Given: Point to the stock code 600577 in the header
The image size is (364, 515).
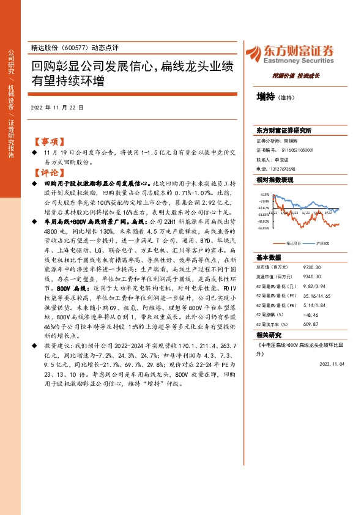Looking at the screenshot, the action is pyautogui.click(x=73, y=48).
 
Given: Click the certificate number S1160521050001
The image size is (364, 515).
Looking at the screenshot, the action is pyautogui.click(x=298, y=150).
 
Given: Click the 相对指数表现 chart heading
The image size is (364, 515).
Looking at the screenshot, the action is pyautogui.click(x=275, y=180).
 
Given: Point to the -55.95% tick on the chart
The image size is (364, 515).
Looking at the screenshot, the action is pyautogui.click(x=264, y=228).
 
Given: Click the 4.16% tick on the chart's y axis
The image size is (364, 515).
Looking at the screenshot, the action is pyautogui.click(x=265, y=194).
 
